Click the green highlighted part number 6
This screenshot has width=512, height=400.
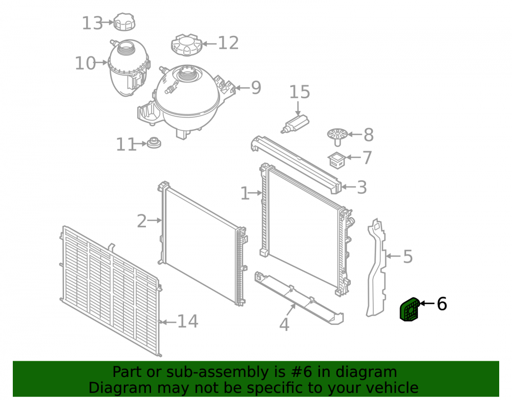[410, 309]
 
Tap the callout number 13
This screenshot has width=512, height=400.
[92, 23]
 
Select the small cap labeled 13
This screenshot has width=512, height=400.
[124, 22]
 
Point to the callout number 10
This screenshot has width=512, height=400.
[85, 63]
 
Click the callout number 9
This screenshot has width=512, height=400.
[256, 88]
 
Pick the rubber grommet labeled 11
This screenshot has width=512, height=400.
[154, 143]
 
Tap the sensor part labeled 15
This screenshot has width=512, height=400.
[295, 124]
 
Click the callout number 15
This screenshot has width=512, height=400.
[300, 92]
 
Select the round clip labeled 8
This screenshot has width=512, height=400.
[337, 137]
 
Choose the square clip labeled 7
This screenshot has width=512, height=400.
[337, 160]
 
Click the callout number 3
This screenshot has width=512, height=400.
[362, 187]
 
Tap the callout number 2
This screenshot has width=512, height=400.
[142, 221]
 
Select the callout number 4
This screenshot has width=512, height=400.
[284, 325]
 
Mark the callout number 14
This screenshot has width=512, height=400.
[187, 321]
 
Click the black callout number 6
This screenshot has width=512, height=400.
[442, 304]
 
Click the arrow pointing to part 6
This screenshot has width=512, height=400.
[427, 303]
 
